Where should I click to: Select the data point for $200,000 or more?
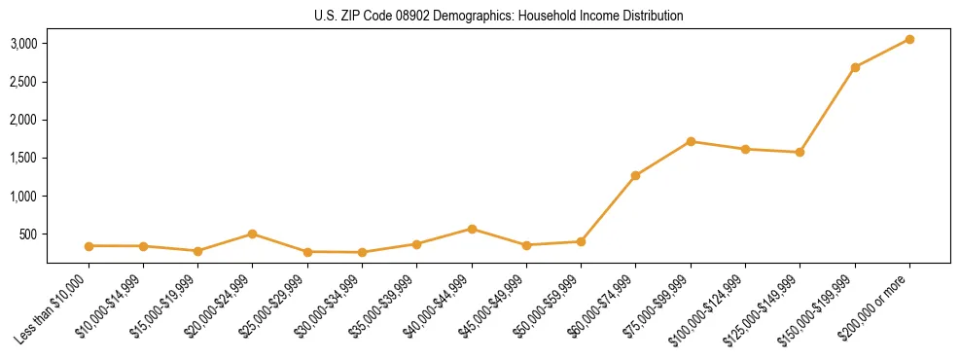point(909,39)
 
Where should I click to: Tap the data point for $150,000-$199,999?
point(855,67)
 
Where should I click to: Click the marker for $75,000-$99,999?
point(691,141)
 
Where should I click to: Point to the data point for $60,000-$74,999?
point(635,176)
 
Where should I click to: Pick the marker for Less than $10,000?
point(89,246)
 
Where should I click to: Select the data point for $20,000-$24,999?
point(252,234)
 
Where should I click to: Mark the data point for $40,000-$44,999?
point(472,229)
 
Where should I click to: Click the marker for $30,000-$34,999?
point(362,252)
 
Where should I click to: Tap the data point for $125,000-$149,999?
point(800,152)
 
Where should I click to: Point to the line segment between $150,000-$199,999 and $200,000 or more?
point(882,54)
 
